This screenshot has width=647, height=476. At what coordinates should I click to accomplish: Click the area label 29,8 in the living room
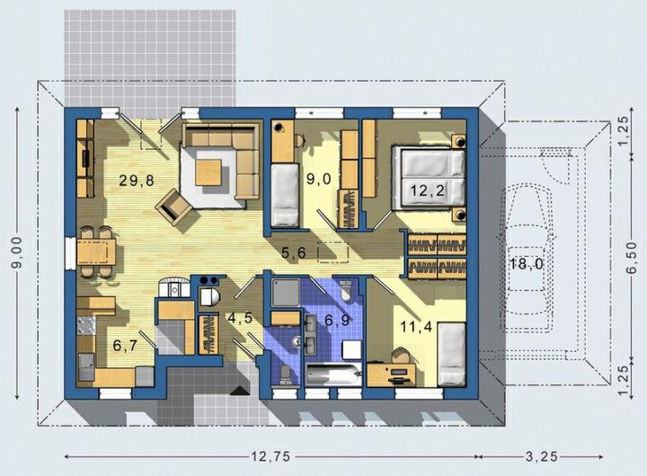pos(137,181)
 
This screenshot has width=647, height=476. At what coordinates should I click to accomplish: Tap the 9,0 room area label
pos(318,179)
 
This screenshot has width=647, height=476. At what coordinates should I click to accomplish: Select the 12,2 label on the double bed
pos(428,190)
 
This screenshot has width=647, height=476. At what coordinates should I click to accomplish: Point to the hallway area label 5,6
pos(294,252)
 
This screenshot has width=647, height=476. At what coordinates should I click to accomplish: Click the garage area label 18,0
pos(526,263)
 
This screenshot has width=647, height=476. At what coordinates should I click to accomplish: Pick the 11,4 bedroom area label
pos(416,327)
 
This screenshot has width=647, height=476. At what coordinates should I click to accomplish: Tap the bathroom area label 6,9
pos(337,320)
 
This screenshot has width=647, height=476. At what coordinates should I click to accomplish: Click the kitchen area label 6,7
pos(125,346)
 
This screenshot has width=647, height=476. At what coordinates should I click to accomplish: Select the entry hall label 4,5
pos(240,318)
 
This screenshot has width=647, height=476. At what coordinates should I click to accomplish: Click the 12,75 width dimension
pos(271,456)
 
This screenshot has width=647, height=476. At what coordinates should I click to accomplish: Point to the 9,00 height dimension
pos(17,253)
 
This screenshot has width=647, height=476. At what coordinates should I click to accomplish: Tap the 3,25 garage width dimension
pos(541,456)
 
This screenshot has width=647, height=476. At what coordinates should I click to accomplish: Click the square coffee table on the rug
pos(208,172)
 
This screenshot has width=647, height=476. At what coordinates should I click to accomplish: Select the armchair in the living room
pos(174,207)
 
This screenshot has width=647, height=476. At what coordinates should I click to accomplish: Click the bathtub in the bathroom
pos(333,375)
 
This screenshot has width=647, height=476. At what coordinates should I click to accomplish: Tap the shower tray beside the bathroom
pos(286,293)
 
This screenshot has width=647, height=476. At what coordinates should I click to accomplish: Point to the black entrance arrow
pos(240,391)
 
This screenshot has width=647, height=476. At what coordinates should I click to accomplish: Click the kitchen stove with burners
pos(86,325)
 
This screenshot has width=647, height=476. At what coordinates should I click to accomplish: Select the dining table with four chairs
pos(96,252)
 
